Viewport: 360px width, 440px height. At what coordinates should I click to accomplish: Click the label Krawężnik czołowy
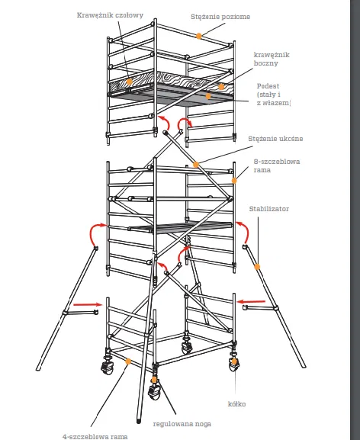pyautogui.click(x=110, y=15)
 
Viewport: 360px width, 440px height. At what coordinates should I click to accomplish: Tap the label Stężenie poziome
pyautogui.click(x=220, y=17)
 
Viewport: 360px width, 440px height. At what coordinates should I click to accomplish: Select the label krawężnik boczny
pyautogui.click(x=272, y=59)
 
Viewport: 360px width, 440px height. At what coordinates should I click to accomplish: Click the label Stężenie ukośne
pyautogui.click(x=275, y=139)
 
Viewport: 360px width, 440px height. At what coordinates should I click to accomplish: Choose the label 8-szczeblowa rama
pyautogui.click(x=277, y=165)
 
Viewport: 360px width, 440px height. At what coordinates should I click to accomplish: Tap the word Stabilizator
pyautogui.click(x=268, y=209)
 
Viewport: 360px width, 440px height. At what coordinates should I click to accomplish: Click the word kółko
pyautogui.click(x=236, y=404)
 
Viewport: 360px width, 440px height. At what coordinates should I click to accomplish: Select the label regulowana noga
pyautogui.click(x=182, y=424)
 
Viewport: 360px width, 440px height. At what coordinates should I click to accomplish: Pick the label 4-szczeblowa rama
pyautogui.click(x=95, y=437)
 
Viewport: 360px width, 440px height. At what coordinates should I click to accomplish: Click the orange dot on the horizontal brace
pyautogui.click(x=198, y=36)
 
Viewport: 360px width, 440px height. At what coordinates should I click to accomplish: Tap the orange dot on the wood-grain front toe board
pyautogui.click(x=129, y=82)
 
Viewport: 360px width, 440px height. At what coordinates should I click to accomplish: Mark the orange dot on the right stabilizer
pyautogui.click(x=257, y=267)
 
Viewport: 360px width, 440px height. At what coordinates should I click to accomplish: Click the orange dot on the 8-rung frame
pyautogui.click(x=233, y=181)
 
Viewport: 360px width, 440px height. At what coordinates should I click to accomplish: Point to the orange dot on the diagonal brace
pyautogui.click(x=196, y=165)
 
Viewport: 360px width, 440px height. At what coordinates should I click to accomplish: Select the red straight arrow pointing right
pyautogui.click(x=88, y=304)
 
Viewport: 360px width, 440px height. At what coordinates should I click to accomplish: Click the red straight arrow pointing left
pyautogui.click(x=251, y=302)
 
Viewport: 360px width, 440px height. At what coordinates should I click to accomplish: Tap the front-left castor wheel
pyautogui.click(x=108, y=367)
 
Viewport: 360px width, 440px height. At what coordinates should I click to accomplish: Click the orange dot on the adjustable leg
pyautogui.click(x=154, y=380)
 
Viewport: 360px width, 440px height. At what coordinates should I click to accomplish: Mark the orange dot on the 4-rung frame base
pyautogui.click(x=128, y=361)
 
